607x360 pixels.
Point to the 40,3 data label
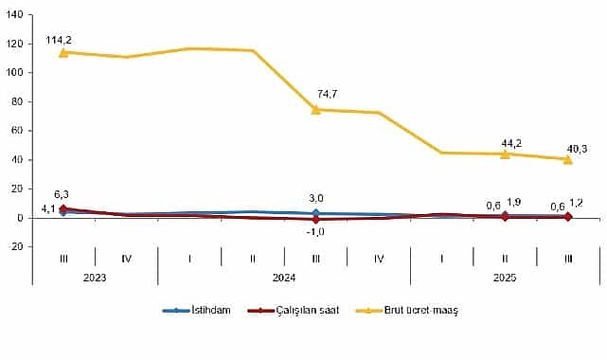(576, 148)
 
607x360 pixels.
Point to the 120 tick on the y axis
(16, 44)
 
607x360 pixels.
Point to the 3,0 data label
(317, 198)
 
